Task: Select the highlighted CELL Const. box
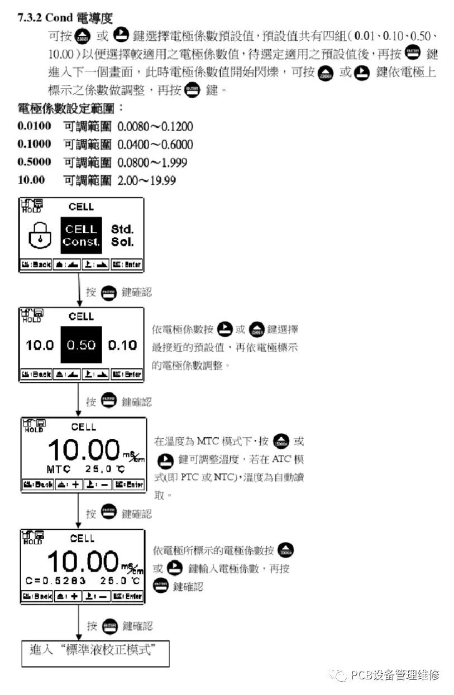pos(81,235)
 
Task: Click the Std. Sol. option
pos(122,235)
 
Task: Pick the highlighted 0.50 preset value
pos(81,345)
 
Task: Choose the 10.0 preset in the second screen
pos(40,345)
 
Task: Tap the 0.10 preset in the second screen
pos(122,345)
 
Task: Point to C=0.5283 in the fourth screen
pos(56,580)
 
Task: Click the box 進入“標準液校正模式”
pos(95,651)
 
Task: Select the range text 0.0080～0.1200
pos(155,127)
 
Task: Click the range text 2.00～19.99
pos(146,180)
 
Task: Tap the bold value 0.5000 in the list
pos(34,162)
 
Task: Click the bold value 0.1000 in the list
pos(34,144)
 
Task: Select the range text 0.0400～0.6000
pos(155,145)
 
